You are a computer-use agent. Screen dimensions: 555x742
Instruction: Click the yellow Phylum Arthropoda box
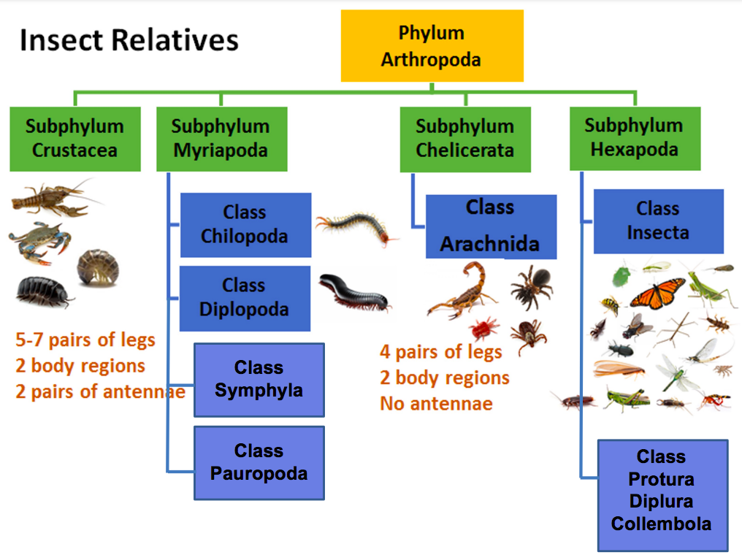(x=432, y=45)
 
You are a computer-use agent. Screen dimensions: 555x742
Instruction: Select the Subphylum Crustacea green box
(x=75, y=139)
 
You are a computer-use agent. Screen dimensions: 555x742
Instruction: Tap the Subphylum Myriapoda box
(x=221, y=139)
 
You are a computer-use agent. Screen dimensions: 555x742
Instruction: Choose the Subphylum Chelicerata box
(x=464, y=139)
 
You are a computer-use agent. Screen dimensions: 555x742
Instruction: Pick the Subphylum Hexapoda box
(x=634, y=138)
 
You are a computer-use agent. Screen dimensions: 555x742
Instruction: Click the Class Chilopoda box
(x=245, y=225)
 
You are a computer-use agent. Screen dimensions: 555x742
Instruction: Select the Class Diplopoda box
(x=245, y=298)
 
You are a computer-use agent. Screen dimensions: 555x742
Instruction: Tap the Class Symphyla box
(x=259, y=380)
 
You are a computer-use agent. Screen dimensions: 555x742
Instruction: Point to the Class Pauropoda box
(x=259, y=463)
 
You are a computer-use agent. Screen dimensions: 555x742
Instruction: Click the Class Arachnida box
(x=491, y=226)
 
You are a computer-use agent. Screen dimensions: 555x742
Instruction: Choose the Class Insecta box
(x=658, y=221)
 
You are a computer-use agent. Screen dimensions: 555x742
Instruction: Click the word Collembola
(x=661, y=524)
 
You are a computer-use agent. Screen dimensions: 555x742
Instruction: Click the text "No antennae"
(x=436, y=404)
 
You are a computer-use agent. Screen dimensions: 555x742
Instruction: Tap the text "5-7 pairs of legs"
(x=85, y=340)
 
